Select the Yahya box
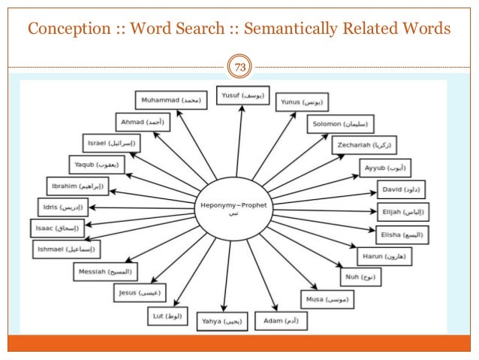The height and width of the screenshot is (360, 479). (222, 322)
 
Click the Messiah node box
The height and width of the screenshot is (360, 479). (104, 271)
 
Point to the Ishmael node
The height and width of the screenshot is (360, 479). (66, 248)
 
